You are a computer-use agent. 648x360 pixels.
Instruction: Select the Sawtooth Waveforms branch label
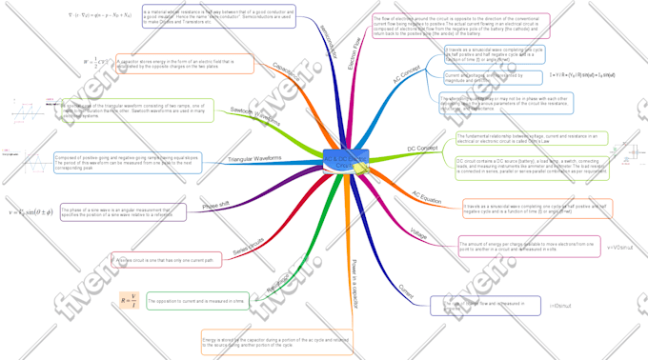pyautogui.click(x=256, y=116)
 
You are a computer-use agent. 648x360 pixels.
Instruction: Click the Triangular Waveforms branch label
pyautogui.click(x=254, y=158)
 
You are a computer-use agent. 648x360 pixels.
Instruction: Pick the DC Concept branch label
pyautogui.click(x=422, y=150)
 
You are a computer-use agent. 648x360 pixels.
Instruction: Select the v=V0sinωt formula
pyautogui.click(x=619, y=248)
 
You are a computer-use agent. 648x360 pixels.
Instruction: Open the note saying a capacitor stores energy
pyautogui.click(x=185, y=64)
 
